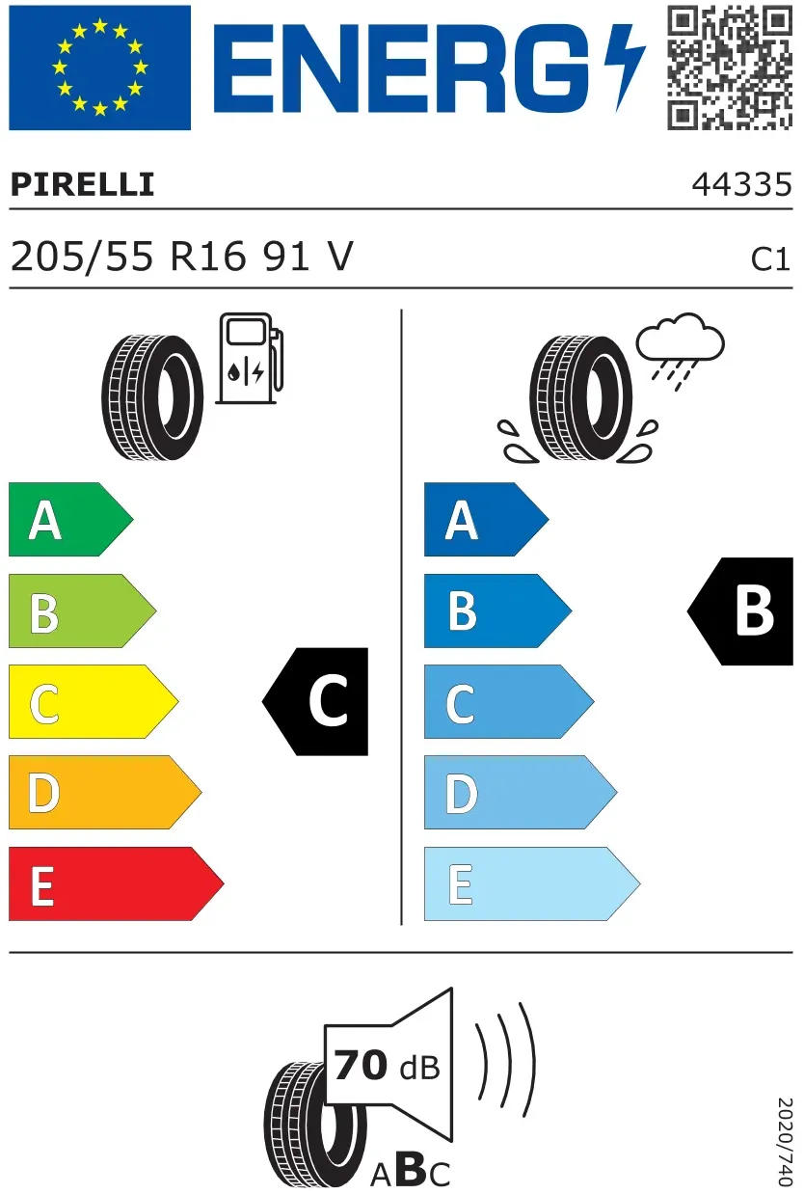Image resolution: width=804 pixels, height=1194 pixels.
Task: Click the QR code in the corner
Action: (x=730, y=68)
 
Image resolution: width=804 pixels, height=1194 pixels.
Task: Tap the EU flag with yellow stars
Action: (x=99, y=68)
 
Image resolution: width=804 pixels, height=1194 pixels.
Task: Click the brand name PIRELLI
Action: (x=83, y=184)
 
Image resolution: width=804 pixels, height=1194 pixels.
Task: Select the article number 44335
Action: (x=742, y=185)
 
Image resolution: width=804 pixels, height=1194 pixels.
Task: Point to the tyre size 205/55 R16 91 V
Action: (x=181, y=257)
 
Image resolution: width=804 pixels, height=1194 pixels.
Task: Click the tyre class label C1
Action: (x=770, y=259)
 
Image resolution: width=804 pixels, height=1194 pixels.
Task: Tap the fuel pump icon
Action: (x=250, y=358)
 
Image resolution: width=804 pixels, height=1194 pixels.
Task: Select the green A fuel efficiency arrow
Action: (x=71, y=519)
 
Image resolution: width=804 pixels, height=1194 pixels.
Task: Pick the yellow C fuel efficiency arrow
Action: (x=94, y=701)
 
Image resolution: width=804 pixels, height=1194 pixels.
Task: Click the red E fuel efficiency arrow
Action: (x=116, y=883)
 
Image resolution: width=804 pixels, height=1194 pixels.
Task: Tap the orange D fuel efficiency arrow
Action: (x=105, y=792)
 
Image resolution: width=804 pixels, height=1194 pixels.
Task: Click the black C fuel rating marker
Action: (x=315, y=701)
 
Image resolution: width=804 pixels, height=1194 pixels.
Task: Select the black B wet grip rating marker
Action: (x=740, y=611)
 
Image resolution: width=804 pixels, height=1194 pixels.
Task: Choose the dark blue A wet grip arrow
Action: (x=487, y=519)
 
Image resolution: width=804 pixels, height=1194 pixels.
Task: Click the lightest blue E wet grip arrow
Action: (x=532, y=883)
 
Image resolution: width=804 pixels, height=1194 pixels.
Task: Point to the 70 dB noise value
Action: (x=387, y=1066)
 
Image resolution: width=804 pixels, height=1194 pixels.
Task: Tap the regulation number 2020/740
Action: (x=785, y=1142)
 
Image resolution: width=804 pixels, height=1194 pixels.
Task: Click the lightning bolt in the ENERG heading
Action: (x=625, y=68)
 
